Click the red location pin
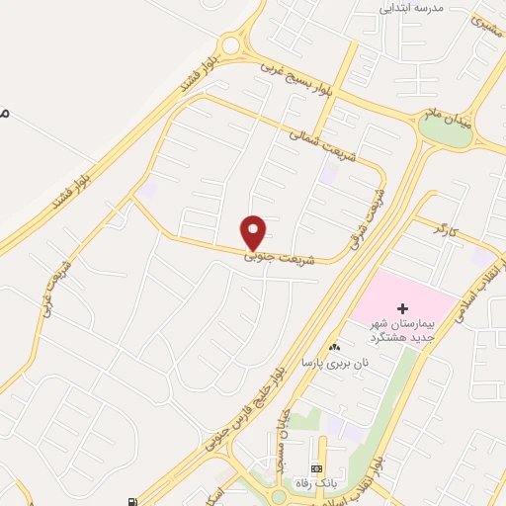[255, 232]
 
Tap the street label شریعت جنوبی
[283, 257]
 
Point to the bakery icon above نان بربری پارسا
[333, 347]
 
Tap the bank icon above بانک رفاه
[316, 467]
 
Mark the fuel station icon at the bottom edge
[133, 500]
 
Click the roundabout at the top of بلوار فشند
[231, 43]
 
